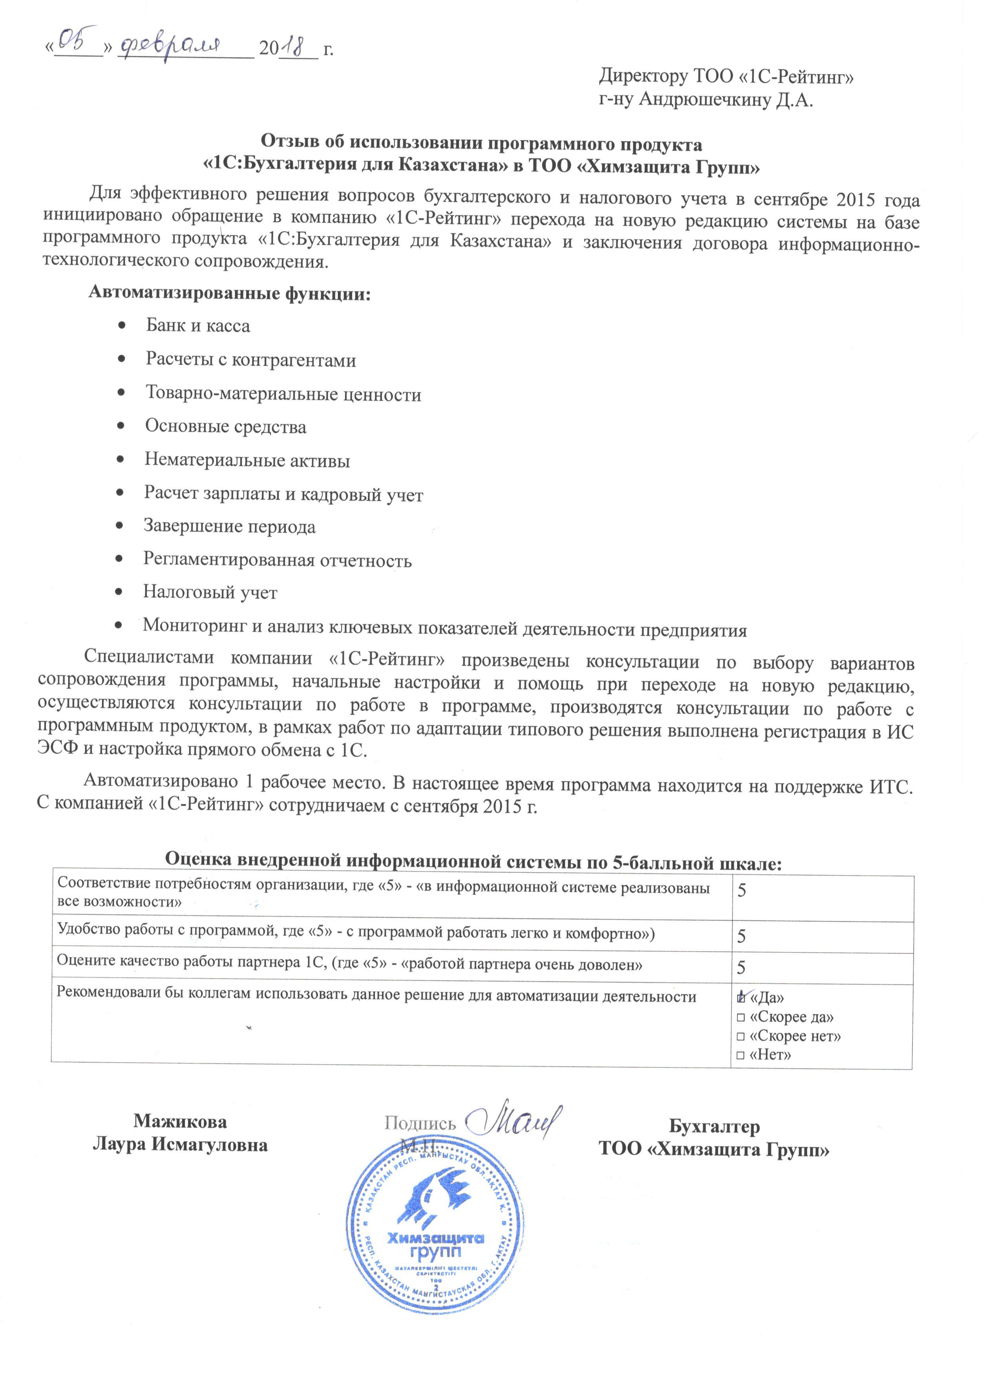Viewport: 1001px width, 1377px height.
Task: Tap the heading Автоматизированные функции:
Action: (230, 293)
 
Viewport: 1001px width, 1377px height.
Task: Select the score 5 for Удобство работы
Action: (742, 936)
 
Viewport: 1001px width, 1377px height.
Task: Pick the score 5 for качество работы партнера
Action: (742, 968)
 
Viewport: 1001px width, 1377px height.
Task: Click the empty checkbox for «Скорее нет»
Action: (740, 1037)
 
